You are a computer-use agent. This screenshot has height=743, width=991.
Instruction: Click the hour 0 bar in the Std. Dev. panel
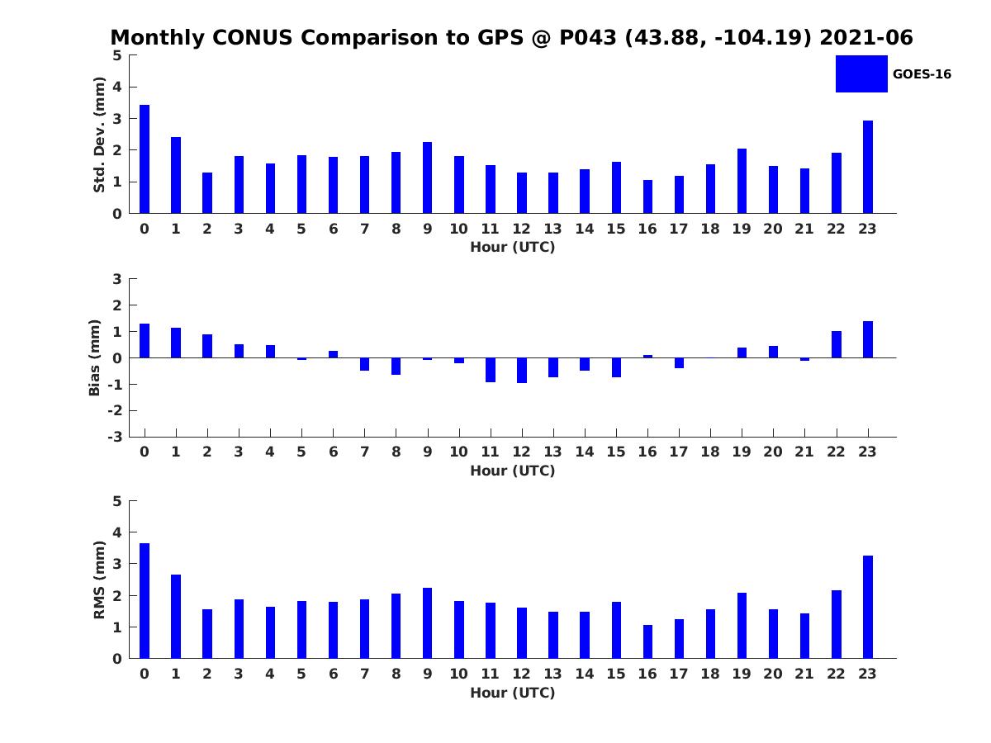click(x=145, y=159)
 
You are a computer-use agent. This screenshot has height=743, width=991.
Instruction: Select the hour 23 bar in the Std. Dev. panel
click(x=868, y=167)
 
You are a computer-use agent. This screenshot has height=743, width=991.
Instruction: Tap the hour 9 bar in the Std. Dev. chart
click(x=427, y=177)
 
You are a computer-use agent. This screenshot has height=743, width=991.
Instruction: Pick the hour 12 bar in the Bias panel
click(x=522, y=370)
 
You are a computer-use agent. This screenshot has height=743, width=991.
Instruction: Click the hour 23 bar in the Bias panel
click(x=868, y=339)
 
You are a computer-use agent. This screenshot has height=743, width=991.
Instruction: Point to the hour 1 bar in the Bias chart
click(x=176, y=343)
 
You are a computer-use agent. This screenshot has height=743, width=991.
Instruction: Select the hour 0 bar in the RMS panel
click(x=145, y=600)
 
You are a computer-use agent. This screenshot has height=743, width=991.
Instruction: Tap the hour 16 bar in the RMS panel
click(x=647, y=641)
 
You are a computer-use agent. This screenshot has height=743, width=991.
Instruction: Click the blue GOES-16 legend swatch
click(x=861, y=73)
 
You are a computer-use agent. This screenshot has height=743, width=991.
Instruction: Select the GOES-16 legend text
click(x=922, y=74)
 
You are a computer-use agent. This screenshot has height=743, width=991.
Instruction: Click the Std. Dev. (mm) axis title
click(x=99, y=135)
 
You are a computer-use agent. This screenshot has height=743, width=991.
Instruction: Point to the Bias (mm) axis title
click(x=95, y=357)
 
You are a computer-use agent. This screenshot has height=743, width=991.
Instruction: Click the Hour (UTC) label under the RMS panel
click(x=512, y=693)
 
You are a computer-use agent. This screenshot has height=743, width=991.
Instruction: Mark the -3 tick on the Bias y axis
click(x=116, y=437)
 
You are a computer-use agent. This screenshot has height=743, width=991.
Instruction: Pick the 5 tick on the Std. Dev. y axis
click(x=117, y=55)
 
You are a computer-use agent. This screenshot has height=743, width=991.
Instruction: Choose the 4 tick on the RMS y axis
click(x=117, y=532)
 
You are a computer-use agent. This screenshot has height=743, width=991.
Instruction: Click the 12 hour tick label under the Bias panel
click(x=522, y=452)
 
